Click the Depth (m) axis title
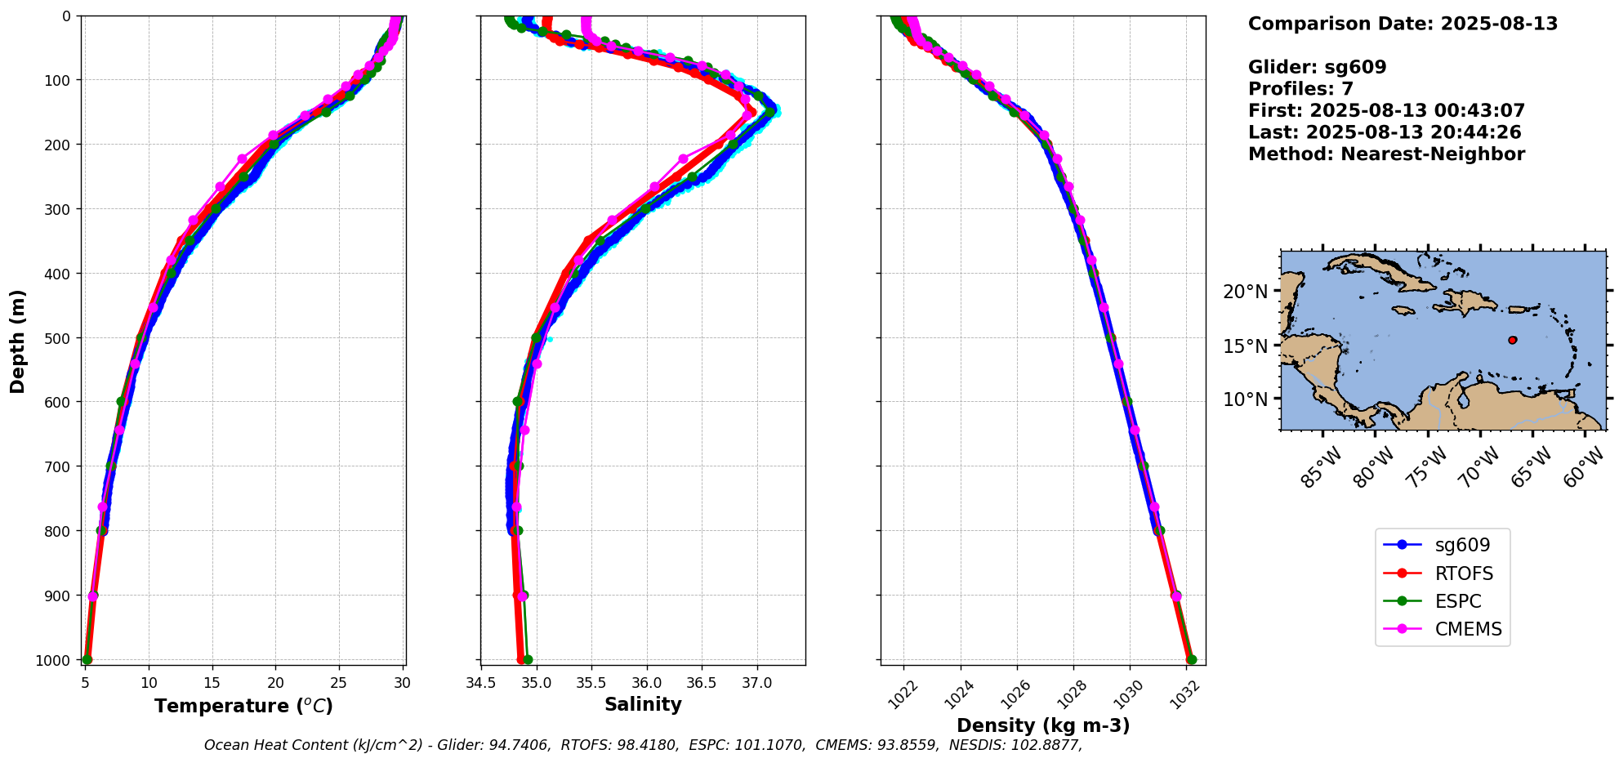coord(18,341)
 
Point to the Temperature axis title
coord(243,706)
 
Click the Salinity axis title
coord(643,704)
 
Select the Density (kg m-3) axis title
coord(1043,725)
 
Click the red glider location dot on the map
coord(1512,340)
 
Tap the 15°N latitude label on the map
coord(1246,346)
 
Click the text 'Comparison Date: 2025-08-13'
coord(1403,24)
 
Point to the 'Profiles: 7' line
coord(1300,89)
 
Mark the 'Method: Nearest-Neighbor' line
coord(1386,154)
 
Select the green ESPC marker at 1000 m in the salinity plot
coord(528,659)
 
